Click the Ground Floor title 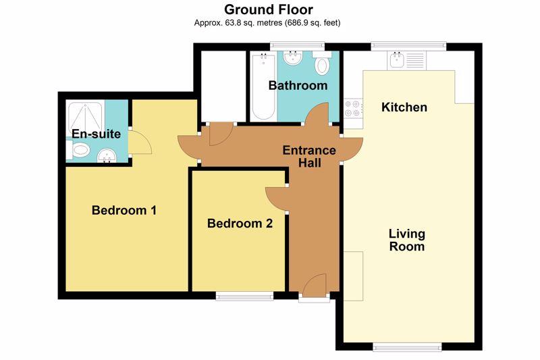coord(269,9)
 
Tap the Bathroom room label coord(298,85)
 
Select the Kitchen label coord(404,107)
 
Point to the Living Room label coord(407,240)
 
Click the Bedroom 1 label coord(124,210)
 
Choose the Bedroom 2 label coord(240,224)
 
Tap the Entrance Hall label coord(309,157)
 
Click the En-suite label coord(96,134)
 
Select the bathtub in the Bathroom coord(263,86)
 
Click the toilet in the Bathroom coord(322,63)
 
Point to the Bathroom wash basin coord(293,57)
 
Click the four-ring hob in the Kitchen coord(353,109)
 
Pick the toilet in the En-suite coord(78,151)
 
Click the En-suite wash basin coord(107,155)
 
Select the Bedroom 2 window coord(245,296)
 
